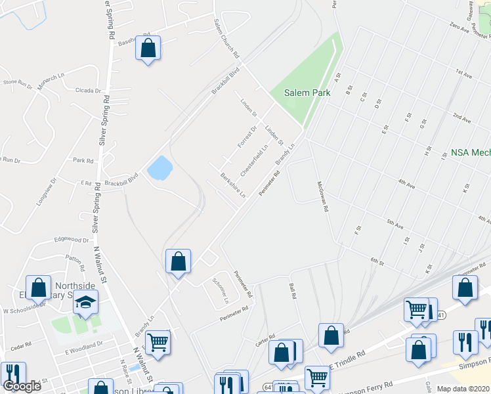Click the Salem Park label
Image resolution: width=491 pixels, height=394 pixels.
point(307,93)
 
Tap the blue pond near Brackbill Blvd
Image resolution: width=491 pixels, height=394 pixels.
point(158,168)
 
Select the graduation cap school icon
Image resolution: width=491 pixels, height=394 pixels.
point(85,303)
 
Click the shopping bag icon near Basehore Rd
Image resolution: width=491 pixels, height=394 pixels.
point(148,48)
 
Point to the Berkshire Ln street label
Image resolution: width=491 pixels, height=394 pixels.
point(233,185)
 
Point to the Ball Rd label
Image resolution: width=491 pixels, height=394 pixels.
point(293,290)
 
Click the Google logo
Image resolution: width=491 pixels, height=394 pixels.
point(22,386)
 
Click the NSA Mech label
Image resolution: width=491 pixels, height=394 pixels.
point(470,152)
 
